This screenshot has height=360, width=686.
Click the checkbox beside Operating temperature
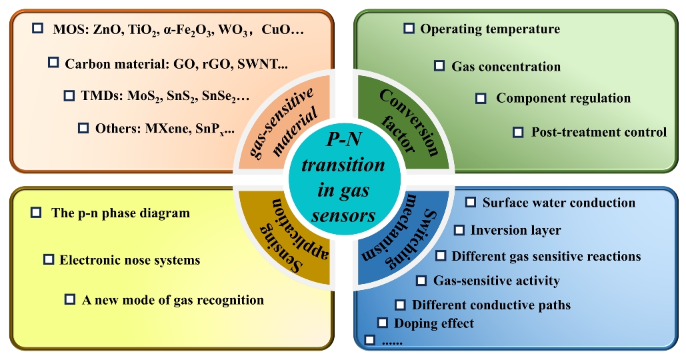pyautogui.click(x=410, y=29)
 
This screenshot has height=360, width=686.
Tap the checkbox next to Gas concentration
pyautogui.click(x=439, y=66)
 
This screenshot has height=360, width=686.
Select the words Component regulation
pyautogui.click(x=563, y=98)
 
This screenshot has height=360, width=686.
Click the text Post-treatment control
pyautogui.click(x=598, y=132)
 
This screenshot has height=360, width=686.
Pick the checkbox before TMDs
pyautogui.click(x=69, y=96)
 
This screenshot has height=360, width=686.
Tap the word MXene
pyautogui.click(x=168, y=128)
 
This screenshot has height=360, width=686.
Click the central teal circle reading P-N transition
pyautogui.click(x=343, y=181)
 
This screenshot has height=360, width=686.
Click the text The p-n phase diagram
pyautogui.click(x=120, y=213)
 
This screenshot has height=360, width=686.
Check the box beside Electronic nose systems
pyautogui.click(x=49, y=259)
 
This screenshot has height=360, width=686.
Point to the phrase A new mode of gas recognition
pyautogui.click(x=173, y=300)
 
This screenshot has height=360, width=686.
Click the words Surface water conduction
pyautogui.click(x=559, y=203)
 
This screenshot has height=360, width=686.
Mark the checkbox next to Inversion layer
pyautogui.click(x=459, y=230)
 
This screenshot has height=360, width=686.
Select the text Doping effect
pyautogui.click(x=434, y=323)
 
